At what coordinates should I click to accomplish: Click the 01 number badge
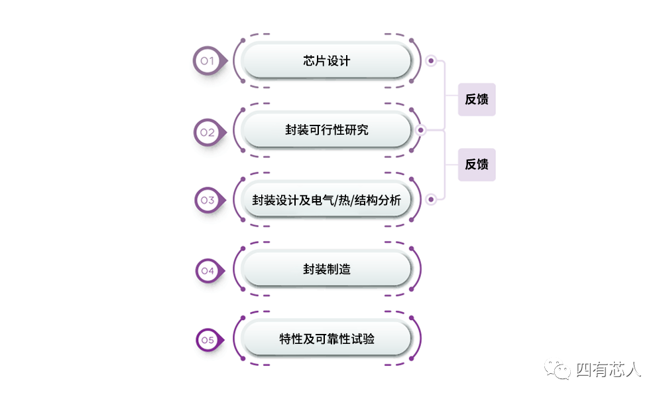click(207, 61)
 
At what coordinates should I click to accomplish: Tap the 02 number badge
click(208, 131)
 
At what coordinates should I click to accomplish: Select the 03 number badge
click(208, 200)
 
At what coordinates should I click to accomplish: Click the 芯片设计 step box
click(326, 61)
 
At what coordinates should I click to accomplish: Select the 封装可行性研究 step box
click(326, 130)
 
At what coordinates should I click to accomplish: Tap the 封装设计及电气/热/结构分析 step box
click(326, 200)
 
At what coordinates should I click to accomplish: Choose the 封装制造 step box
click(326, 270)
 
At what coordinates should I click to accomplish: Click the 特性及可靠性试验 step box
click(326, 339)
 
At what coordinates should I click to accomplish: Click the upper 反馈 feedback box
click(477, 100)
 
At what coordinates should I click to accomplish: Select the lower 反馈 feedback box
click(477, 165)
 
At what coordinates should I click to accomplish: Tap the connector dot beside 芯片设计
click(431, 61)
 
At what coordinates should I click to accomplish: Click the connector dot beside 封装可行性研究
click(420, 130)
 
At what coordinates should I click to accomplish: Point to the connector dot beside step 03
click(431, 199)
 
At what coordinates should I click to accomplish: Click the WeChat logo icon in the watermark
click(558, 369)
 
